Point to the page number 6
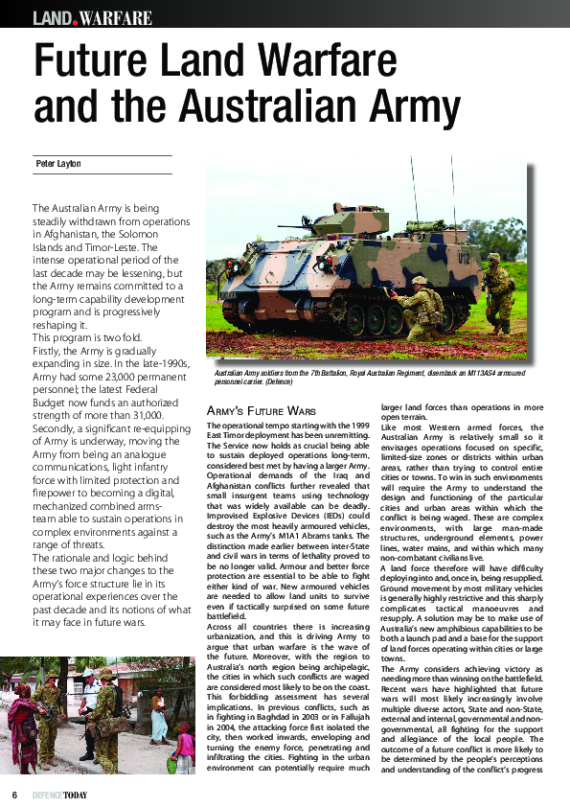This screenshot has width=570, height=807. point(14,795)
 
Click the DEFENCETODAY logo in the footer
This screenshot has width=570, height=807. point(59,795)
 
